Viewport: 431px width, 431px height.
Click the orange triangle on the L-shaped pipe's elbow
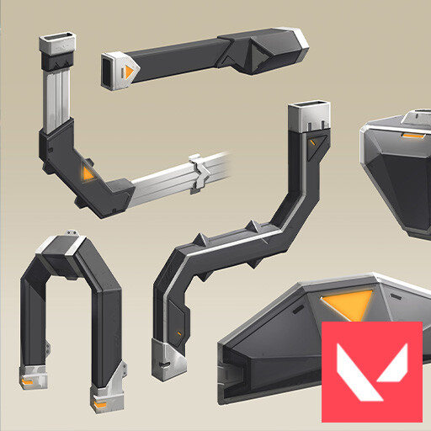click(x=87, y=173)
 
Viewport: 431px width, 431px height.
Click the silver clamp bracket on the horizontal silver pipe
click(x=200, y=171)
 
